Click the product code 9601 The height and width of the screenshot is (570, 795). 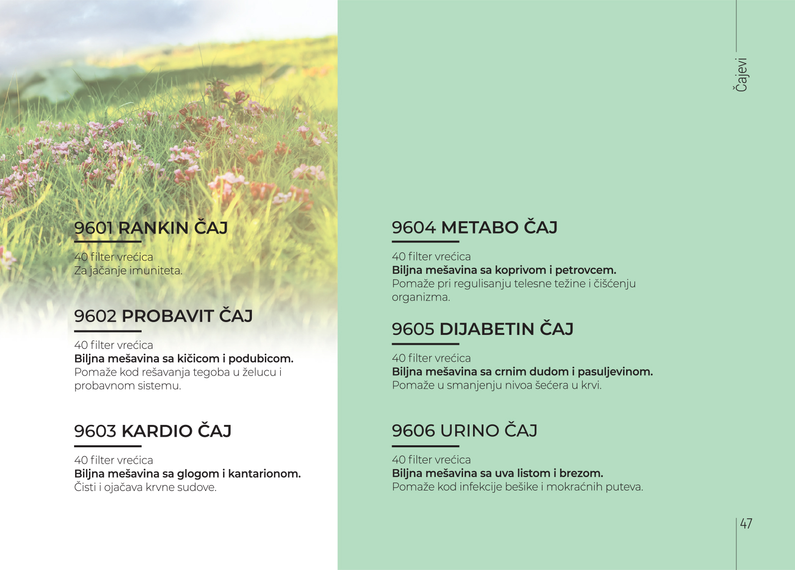click(x=94, y=228)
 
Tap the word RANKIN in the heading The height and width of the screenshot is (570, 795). click(x=153, y=228)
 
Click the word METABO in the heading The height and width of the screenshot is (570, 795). click(x=479, y=228)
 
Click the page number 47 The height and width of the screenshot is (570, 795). click(x=746, y=524)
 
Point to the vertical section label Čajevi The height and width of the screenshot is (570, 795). click(x=741, y=75)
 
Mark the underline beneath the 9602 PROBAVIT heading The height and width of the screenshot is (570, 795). click(x=108, y=331)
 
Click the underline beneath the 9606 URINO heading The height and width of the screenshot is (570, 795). click(x=425, y=445)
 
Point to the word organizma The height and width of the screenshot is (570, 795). click(x=421, y=298)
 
